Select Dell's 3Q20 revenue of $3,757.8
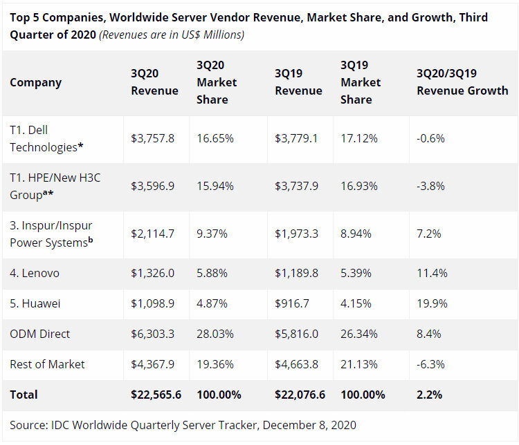point(152,138)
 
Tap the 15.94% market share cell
point(215,186)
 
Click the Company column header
point(35,82)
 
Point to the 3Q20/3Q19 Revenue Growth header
point(462,82)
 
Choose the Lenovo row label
point(35,273)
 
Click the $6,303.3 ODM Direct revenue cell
point(152,334)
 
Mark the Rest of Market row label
point(47,364)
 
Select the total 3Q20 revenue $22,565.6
point(156,395)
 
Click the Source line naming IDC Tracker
point(183,425)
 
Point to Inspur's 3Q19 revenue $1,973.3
point(296,234)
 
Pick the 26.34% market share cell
point(359,334)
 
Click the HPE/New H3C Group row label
point(55,186)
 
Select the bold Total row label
point(24,395)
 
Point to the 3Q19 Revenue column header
point(298,82)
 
